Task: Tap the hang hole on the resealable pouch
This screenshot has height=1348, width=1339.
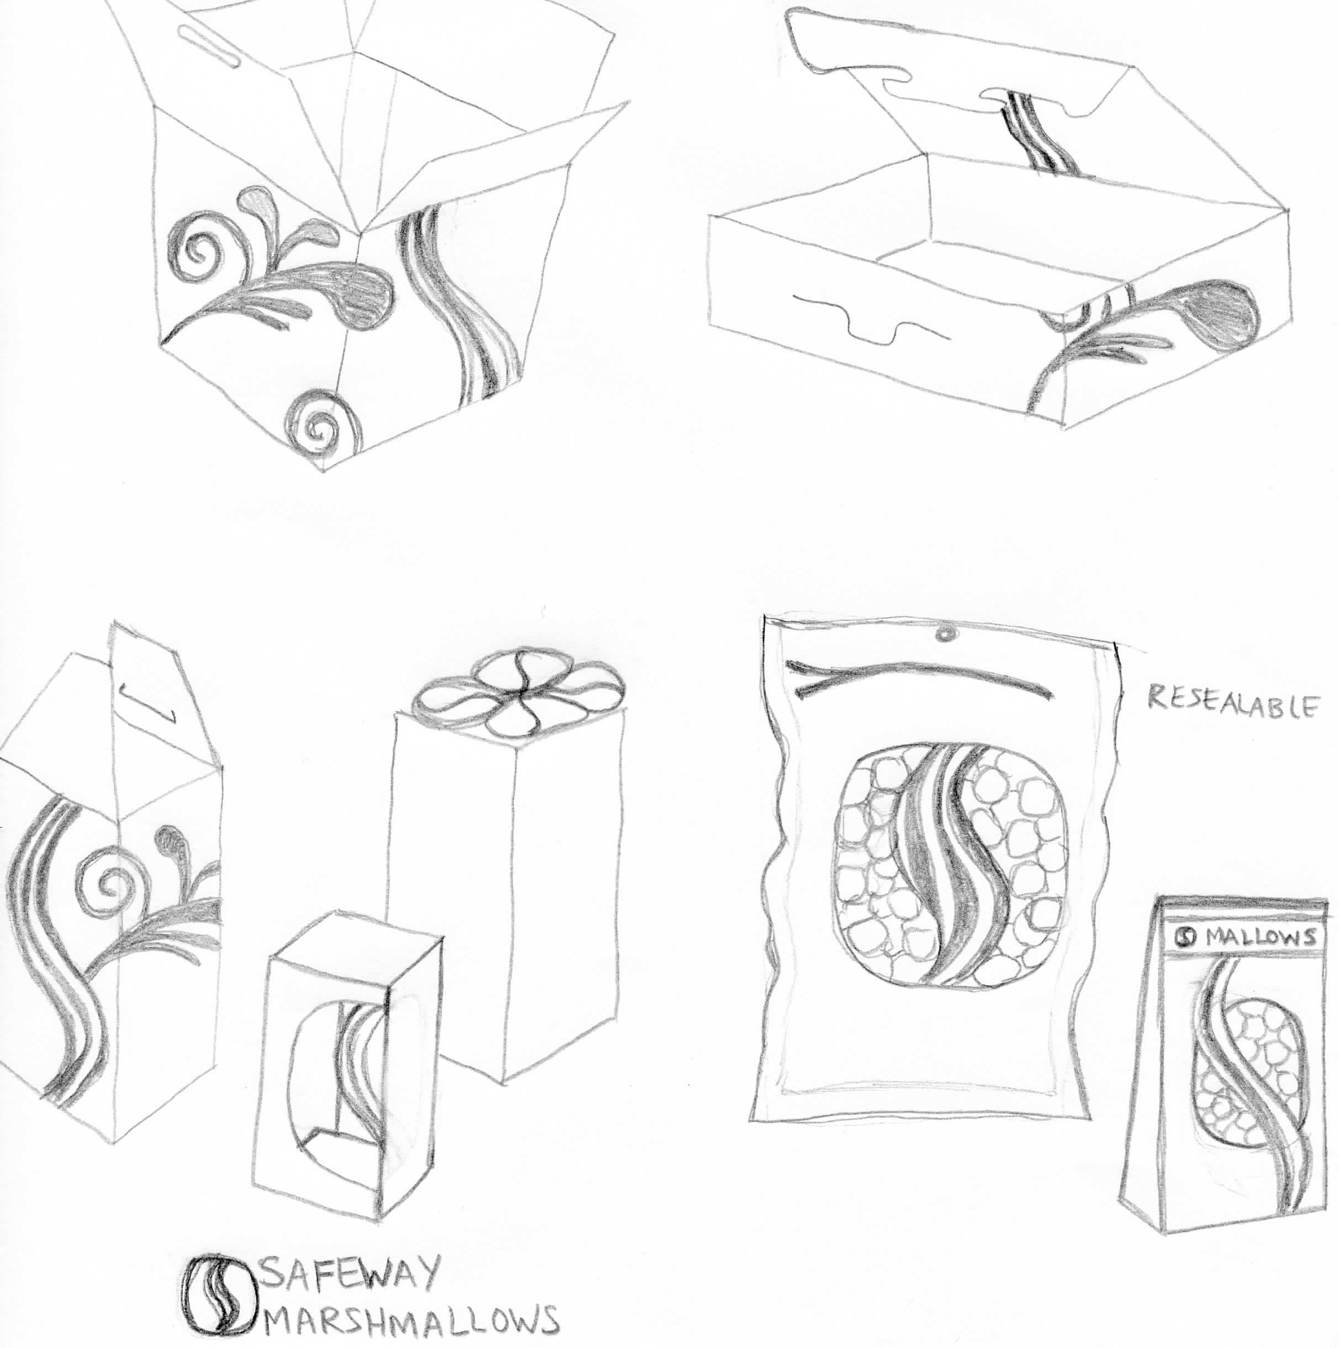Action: [x=946, y=633]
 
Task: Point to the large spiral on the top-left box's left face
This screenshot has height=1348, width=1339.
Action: [x=197, y=251]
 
